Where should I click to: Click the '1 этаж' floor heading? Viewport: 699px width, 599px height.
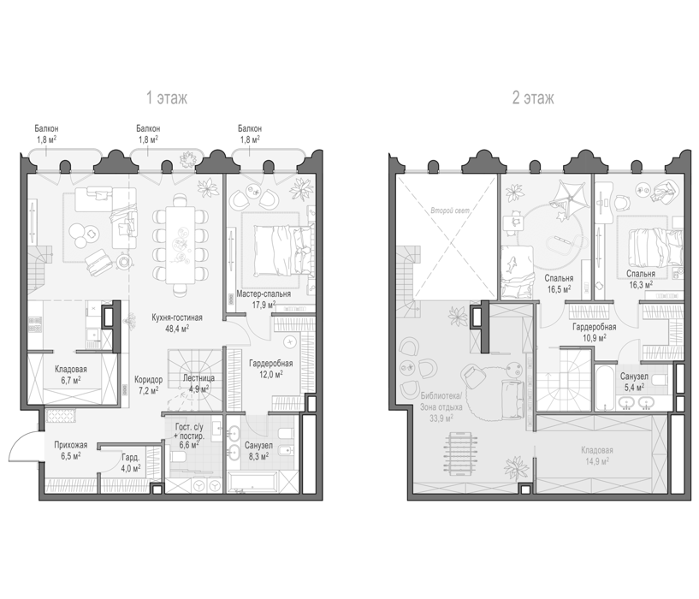[167, 98]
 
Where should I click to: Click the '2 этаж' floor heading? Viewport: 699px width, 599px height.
[533, 98]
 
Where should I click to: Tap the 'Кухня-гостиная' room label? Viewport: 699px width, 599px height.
[177, 317]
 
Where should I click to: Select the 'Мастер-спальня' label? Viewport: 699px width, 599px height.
[264, 294]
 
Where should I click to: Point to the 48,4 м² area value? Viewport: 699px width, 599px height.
[177, 329]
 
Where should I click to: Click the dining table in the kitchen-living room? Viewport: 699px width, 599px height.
[181, 245]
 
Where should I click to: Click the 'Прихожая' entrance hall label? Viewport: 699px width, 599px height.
[70, 445]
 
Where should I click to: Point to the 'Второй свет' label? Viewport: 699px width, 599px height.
[450, 211]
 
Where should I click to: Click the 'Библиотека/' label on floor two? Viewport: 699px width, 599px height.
[442, 395]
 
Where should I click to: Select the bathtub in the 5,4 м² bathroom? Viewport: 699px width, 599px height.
[605, 387]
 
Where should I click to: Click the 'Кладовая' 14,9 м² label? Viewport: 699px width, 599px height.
[597, 450]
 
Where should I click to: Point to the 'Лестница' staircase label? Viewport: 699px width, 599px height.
[198, 377]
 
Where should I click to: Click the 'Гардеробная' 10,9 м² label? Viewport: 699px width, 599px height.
[595, 327]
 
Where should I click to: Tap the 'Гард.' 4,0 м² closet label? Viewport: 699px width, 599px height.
[131, 457]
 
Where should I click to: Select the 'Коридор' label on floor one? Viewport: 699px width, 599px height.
[149, 380]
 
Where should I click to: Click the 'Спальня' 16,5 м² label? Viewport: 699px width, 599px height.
[559, 278]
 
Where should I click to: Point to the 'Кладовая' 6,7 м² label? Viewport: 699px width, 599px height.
[71, 370]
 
